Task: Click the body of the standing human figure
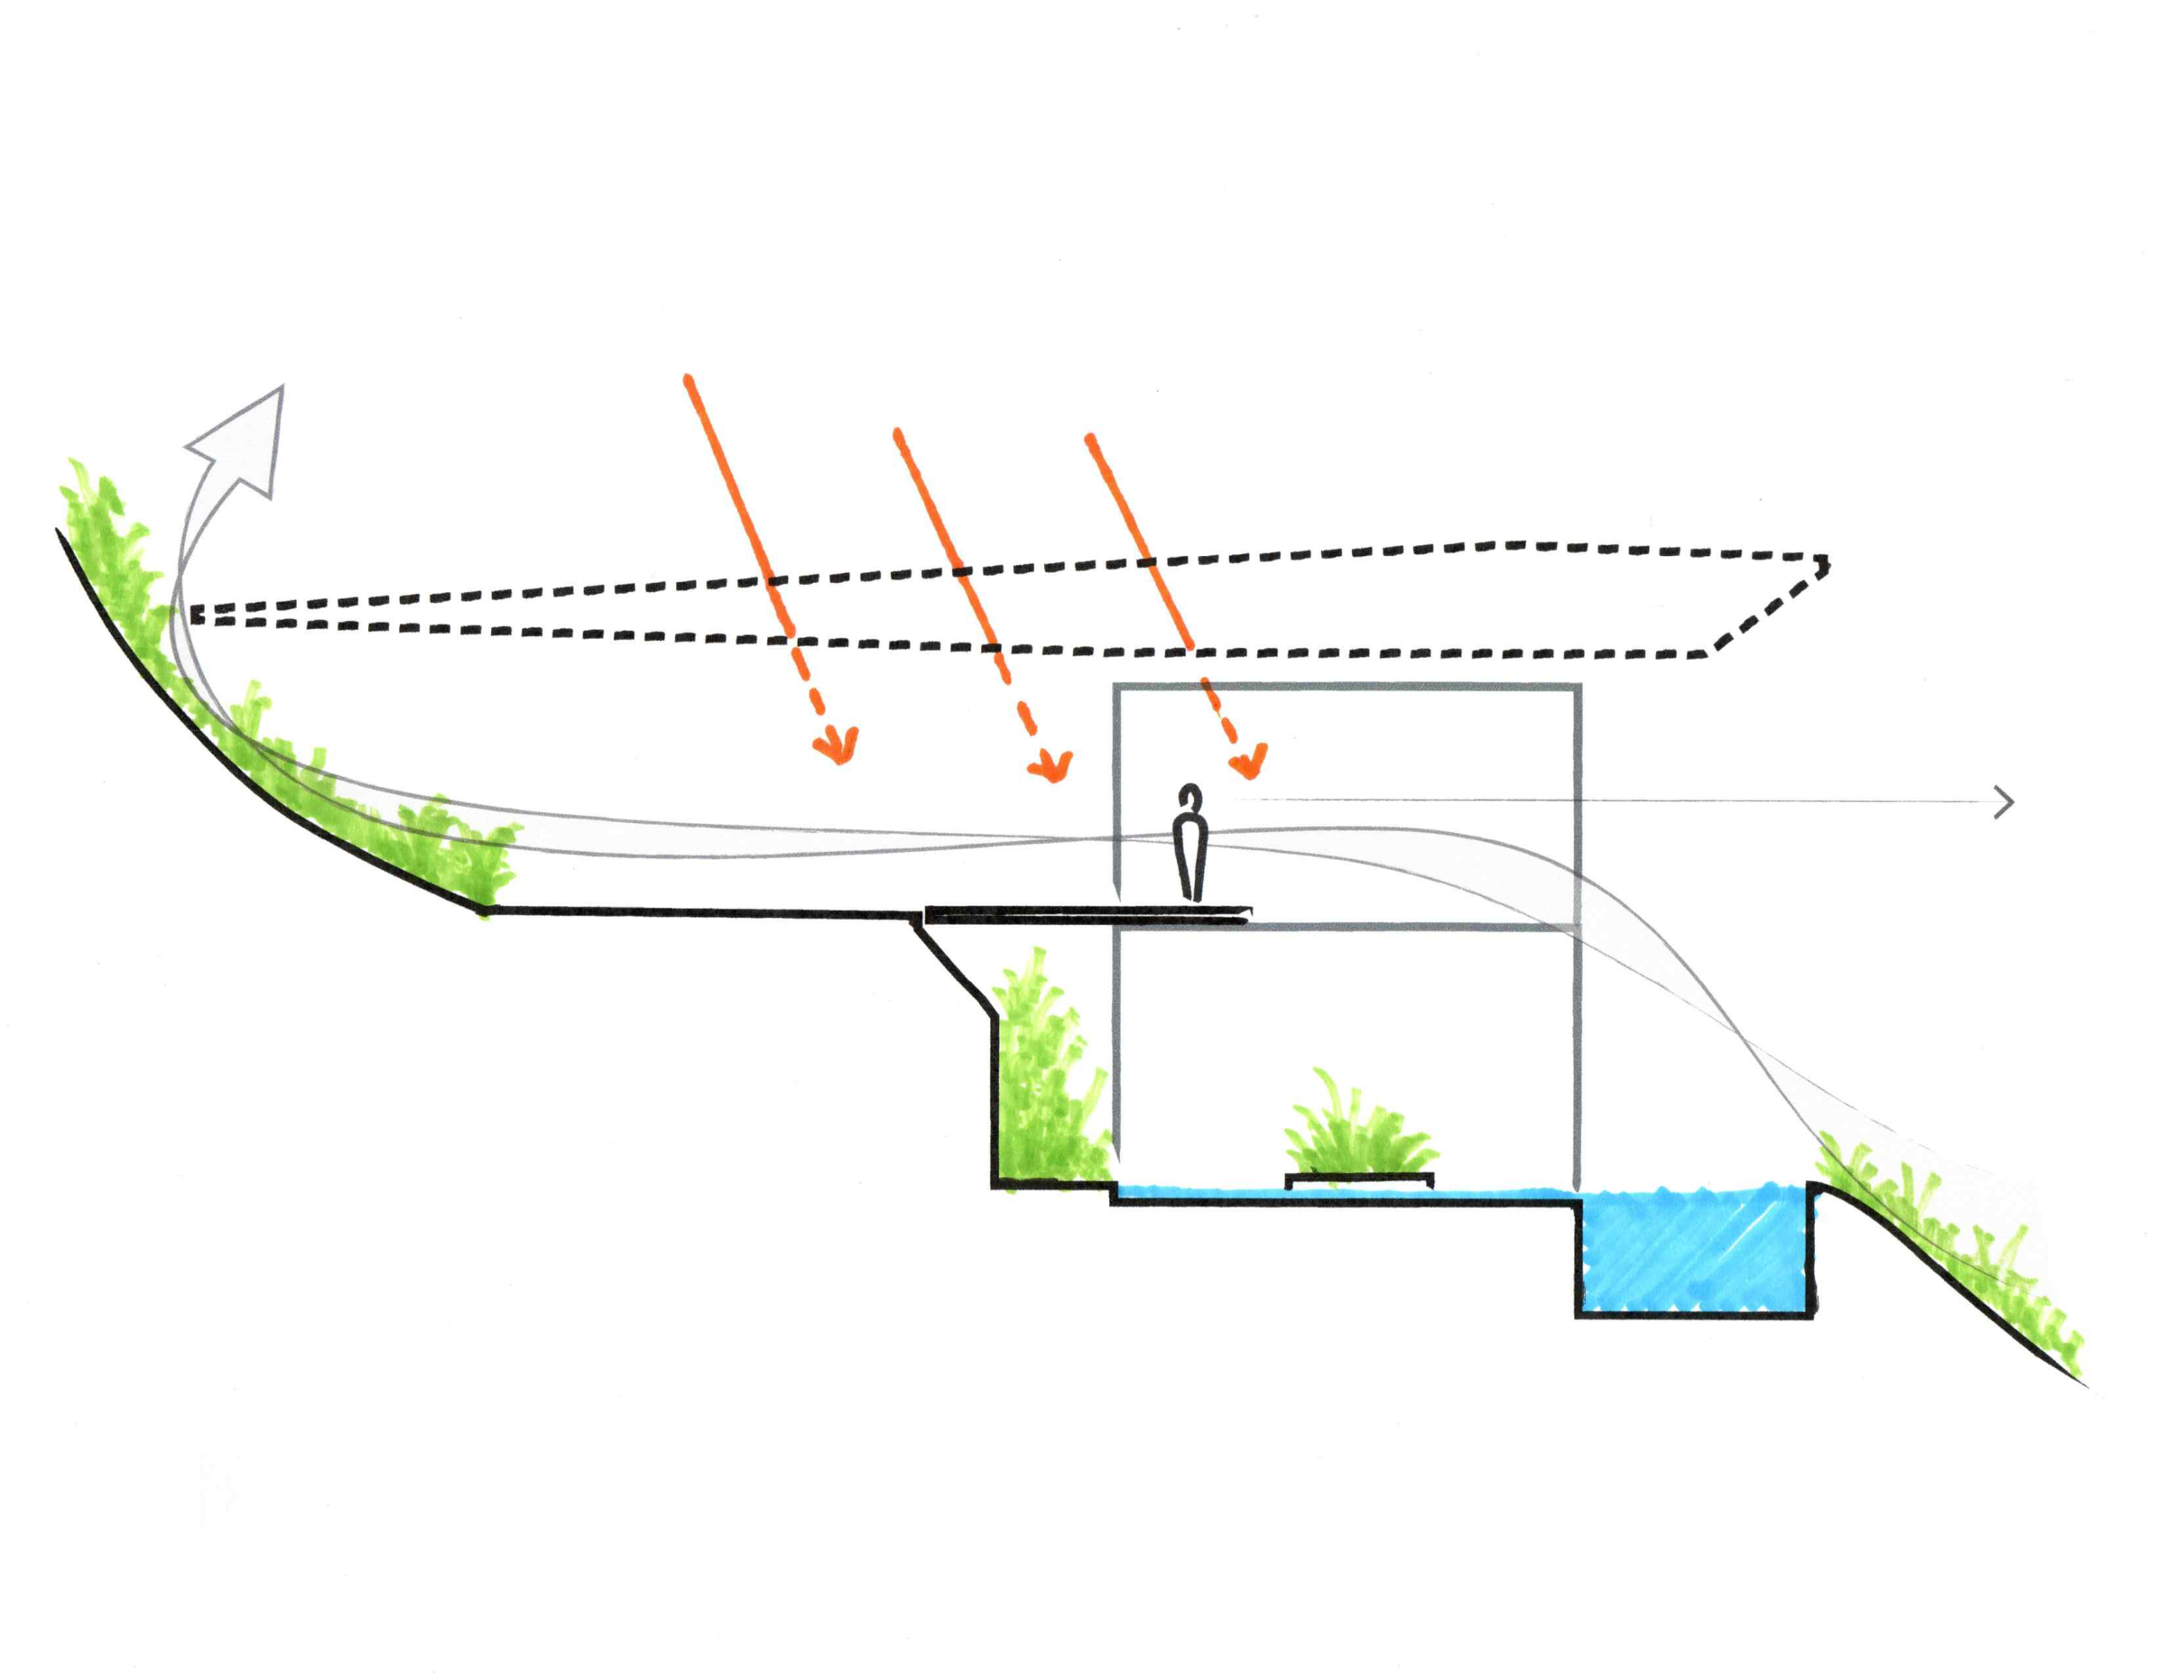point(1190,853)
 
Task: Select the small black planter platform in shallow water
point(1358,1179)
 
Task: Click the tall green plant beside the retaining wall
point(1046,1081)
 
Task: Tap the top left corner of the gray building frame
point(1117,686)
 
